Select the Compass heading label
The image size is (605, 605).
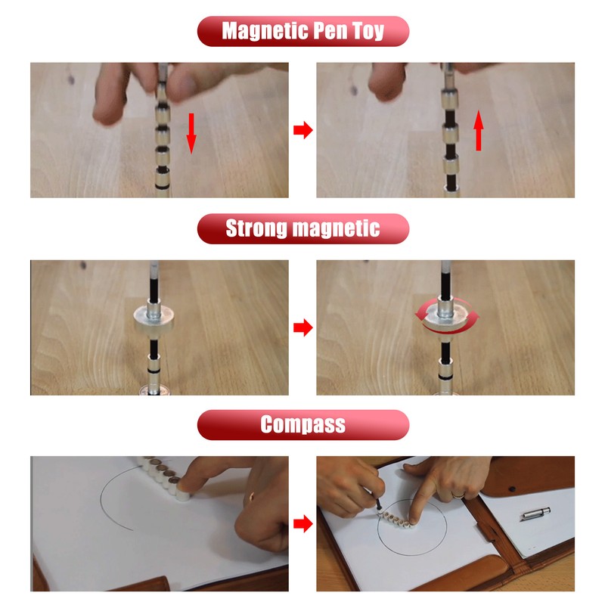tap(302, 424)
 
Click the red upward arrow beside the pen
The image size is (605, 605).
tap(478, 131)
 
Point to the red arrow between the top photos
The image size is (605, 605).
tap(302, 131)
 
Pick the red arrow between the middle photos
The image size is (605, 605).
tap(302, 327)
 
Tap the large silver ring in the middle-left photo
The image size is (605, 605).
tap(157, 317)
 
